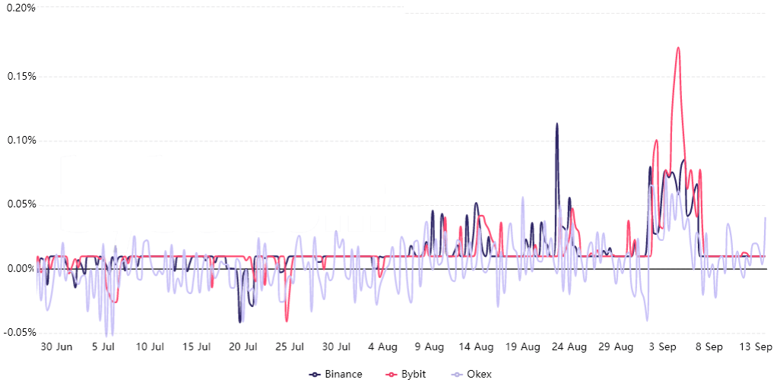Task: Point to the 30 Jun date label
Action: (56, 347)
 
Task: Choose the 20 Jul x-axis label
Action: (243, 347)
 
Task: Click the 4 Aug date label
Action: (382, 347)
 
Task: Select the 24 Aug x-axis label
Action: (569, 347)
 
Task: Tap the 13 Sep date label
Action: (756, 347)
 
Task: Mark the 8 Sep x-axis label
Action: (709, 347)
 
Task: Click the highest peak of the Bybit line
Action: (677, 48)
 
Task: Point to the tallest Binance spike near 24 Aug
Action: (556, 124)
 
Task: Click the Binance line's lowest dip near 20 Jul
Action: (240, 321)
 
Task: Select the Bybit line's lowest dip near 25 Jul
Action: (287, 321)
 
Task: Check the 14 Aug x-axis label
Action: (476, 347)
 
